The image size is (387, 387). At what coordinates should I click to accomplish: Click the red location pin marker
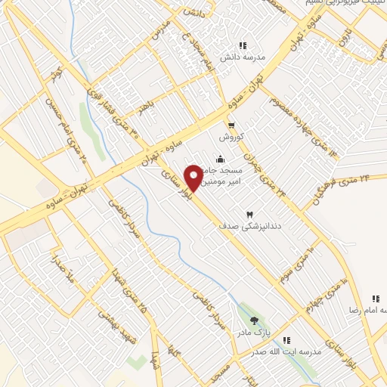pos(194,177)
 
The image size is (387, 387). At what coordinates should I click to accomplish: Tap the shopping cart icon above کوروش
pos(231,125)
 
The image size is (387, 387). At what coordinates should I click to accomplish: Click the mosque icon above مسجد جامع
pos(220,159)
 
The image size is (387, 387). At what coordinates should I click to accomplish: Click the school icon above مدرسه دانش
pos(243,45)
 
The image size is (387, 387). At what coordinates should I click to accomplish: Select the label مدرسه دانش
pos(240,57)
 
